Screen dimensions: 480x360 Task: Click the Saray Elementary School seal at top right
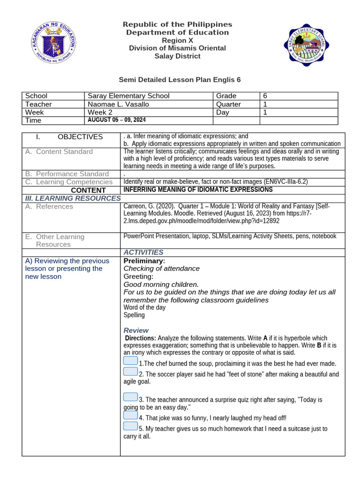pyautogui.click(x=304, y=45)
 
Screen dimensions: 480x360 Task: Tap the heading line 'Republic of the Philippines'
pyautogui.click(x=177, y=24)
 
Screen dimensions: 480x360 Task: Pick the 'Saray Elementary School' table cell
pyautogui.click(x=128, y=96)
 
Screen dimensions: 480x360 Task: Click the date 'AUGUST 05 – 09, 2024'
pyautogui.click(x=118, y=120)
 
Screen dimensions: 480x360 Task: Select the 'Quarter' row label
pyautogui.click(x=228, y=104)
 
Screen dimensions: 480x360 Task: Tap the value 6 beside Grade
pyautogui.click(x=265, y=96)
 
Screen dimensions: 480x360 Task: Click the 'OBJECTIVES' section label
pyautogui.click(x=80, y=137)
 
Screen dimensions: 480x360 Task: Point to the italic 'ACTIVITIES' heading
pyautogui.click(x=143, y=252)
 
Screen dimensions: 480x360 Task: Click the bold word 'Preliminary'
pyautogui.click(x=143, y=261)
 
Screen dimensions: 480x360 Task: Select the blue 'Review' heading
pyautogui.click(x=135, y=330)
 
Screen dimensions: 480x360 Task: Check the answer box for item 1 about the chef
pyautogui.click(x=130, y=360)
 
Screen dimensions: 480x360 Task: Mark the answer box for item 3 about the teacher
pyautogui.click(x=130, y=397)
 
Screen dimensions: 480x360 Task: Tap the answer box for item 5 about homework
pyautogui.click(x=130, y=426)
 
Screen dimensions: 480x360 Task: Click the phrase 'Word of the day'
pyautogui.click(x=144, y=307)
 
